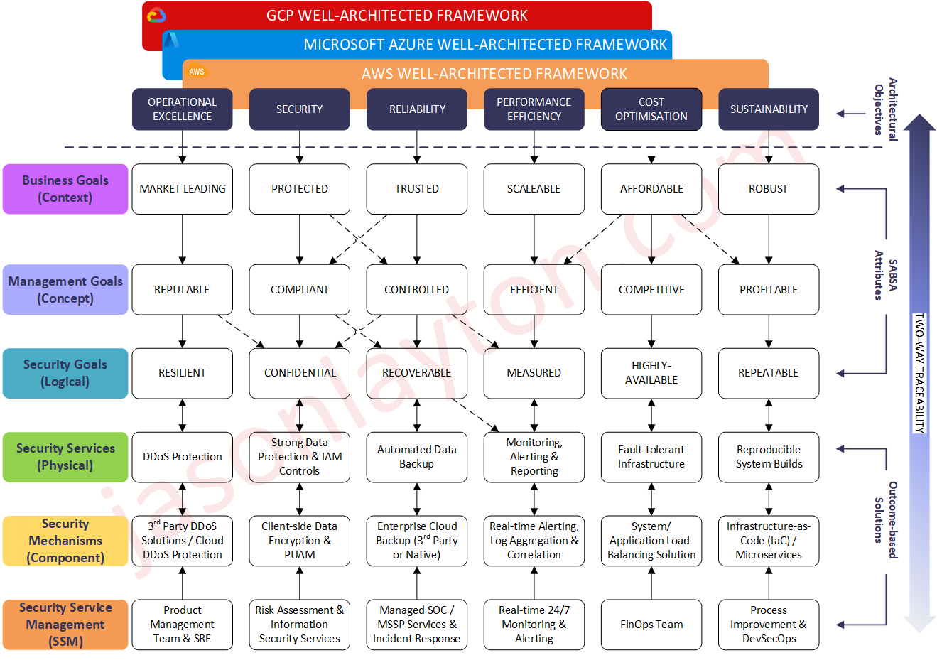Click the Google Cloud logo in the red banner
[156, 15]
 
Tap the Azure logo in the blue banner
[171, 40]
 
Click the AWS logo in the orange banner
[197, 72]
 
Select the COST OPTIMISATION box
[651, 109]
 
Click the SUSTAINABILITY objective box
[768, 109]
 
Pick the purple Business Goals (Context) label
[65, 189]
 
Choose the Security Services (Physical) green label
[65, 457]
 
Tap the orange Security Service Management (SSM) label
[65, 625]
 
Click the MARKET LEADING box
[182, 189]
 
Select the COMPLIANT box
[299, 290]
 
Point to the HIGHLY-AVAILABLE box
[651, 373]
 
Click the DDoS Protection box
[182, 457]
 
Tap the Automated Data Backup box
[416, 457]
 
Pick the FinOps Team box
[651, 625]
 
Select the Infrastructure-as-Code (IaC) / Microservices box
[768, 541]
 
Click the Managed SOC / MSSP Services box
[416, 625]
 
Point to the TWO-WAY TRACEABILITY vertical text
[919, 373]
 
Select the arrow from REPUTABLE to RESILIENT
[183, 331]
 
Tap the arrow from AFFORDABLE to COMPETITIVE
[651, 239]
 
